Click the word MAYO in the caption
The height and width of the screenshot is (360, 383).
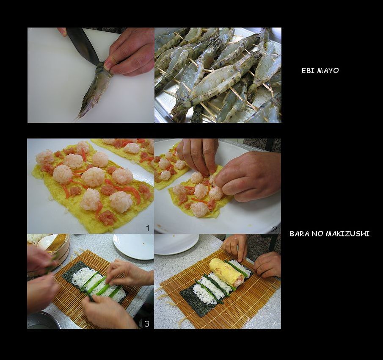328,71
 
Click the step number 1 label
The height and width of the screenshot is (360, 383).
148,228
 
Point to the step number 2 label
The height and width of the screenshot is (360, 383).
275,229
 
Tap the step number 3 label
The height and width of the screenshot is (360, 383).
146,324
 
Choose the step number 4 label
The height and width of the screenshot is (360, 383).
275,324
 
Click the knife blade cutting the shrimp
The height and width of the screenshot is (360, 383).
83,45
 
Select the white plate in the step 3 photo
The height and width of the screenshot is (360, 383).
134,246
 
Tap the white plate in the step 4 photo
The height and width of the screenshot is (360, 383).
176,244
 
